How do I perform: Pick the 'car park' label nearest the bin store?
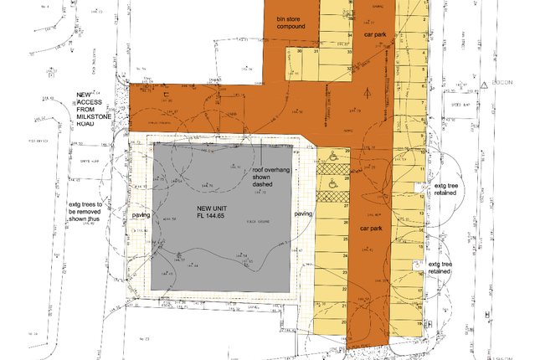[x=374, y=34]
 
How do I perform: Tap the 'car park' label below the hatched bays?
[x=371, y=227]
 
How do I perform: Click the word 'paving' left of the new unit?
[x=140, y=215]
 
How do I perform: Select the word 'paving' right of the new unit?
[x=303, y=213]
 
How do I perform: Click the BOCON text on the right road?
[x=502, y=85]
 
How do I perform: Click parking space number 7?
[x=418, y=107]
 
